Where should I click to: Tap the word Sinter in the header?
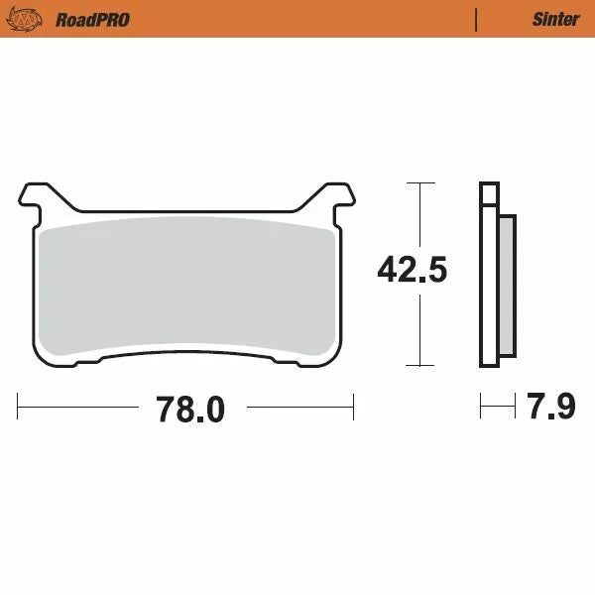coord(555,19)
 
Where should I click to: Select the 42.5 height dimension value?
coord(412,270)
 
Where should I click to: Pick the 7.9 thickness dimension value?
coord(551,407)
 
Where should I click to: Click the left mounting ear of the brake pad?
coord(35,198)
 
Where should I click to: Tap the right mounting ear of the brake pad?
coord(339,198)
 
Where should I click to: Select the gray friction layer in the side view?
coord(507,288)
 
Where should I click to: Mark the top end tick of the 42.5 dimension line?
coord(420,183)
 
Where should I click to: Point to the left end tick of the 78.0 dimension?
coord(19,406)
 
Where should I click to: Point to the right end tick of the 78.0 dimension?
coord(353,406)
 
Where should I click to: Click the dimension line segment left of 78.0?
coord(79,406)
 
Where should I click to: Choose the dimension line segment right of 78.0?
coord(297,406)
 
